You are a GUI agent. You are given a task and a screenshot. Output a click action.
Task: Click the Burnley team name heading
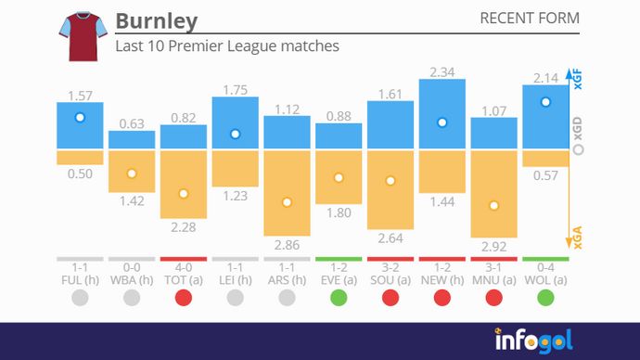tap(156, 21)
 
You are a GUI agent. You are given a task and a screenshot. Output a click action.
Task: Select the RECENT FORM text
tap(529, 19)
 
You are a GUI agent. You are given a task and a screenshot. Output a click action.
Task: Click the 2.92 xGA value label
tap(493, 248)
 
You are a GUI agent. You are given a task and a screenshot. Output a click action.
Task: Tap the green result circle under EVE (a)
tap(339, 299)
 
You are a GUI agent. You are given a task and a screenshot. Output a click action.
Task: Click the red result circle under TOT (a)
tap(184, 299)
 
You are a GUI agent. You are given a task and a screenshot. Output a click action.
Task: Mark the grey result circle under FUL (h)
tap(80, 299)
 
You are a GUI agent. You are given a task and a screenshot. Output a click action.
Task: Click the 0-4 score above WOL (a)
tap(545, 267)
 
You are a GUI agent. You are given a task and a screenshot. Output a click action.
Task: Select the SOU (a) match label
tap(390, 279)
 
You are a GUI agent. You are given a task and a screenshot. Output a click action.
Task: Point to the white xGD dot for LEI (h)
tap(236, 134)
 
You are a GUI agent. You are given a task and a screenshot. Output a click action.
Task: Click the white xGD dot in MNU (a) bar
tap(493, 206)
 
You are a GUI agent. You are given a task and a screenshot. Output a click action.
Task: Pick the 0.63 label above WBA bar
tap(132, 123)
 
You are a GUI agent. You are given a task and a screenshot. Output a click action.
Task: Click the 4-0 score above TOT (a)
tap(184, 267)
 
